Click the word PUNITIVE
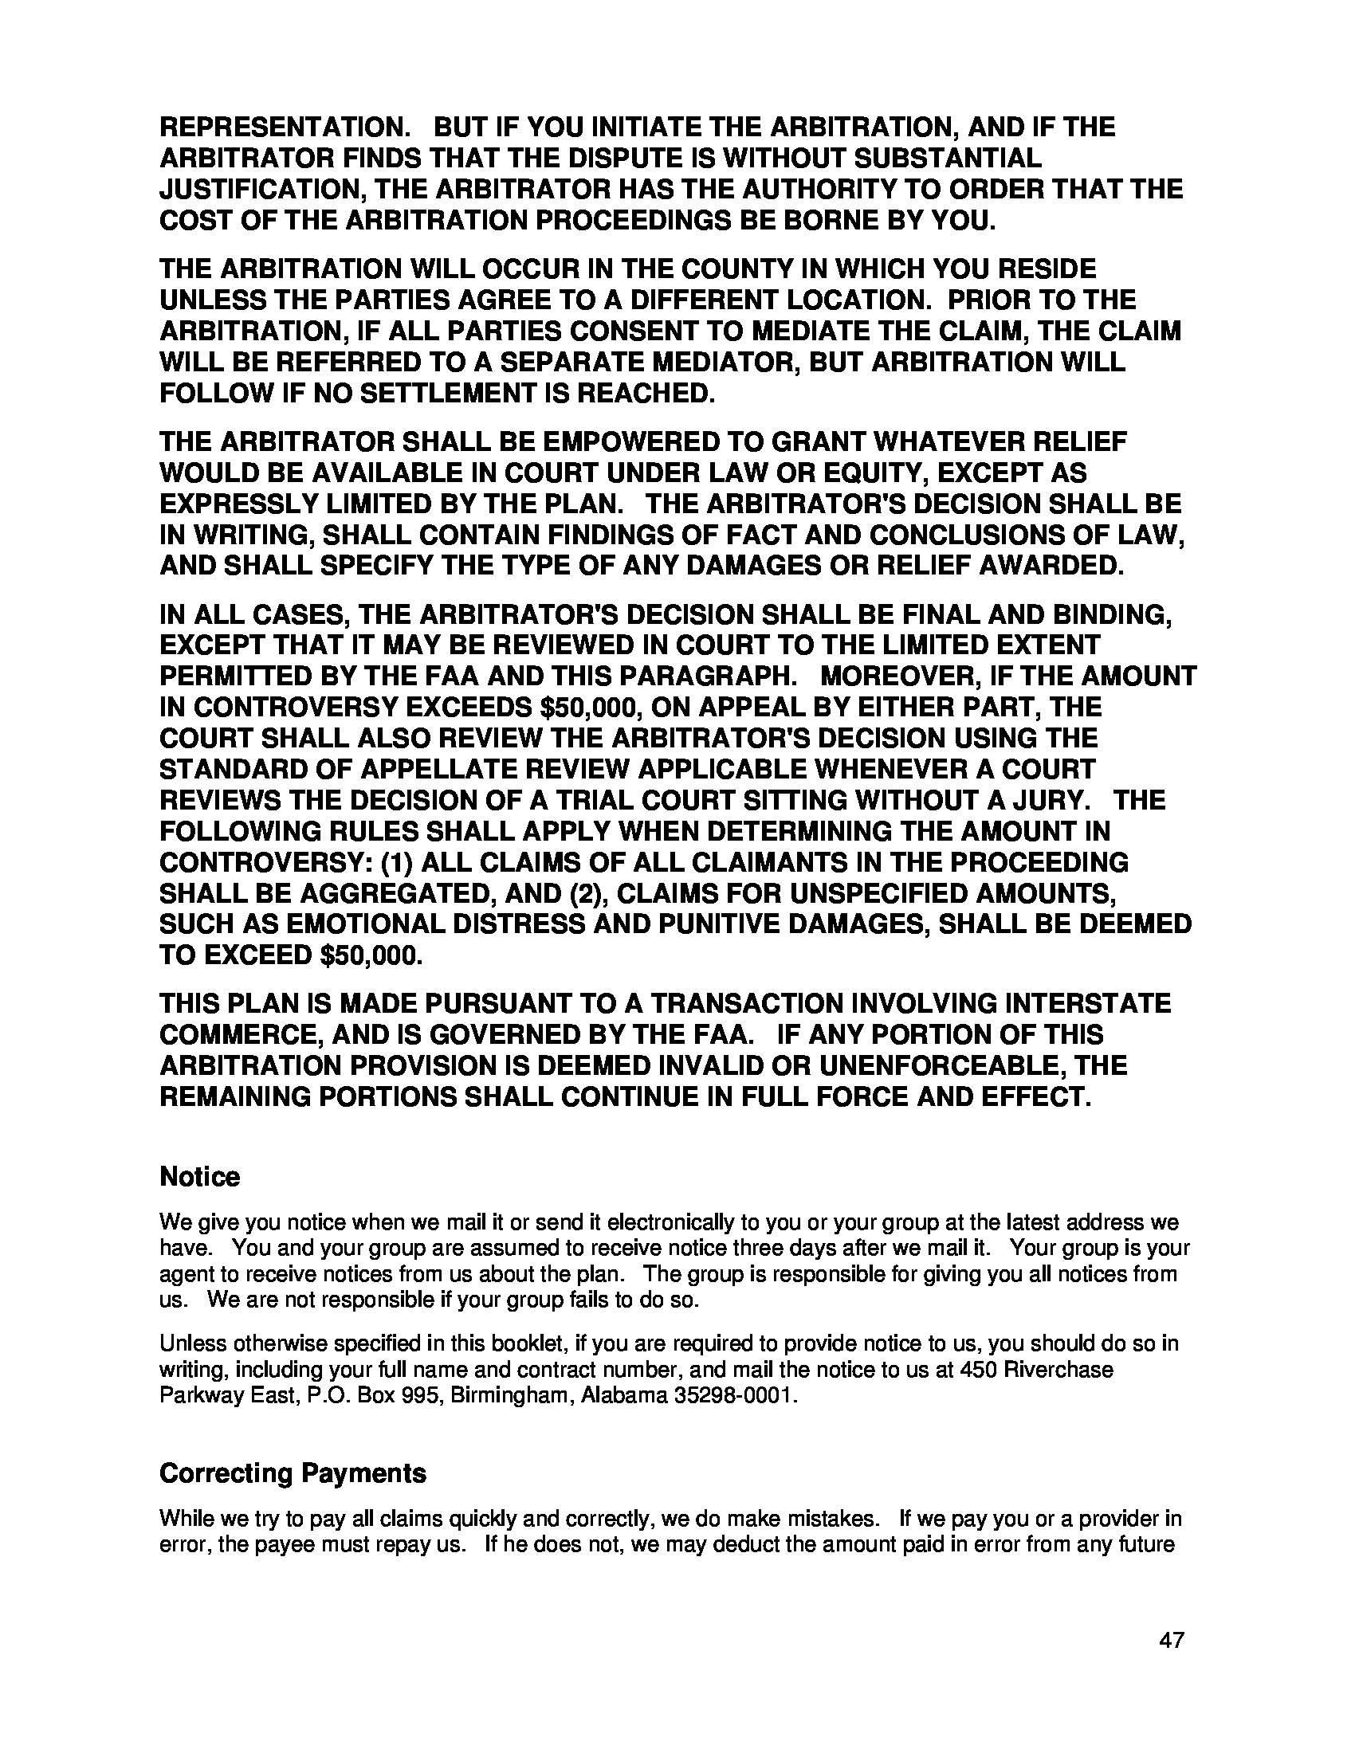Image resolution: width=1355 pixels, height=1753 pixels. click(721, 925)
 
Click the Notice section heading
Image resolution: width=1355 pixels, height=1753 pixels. click(200, 1178)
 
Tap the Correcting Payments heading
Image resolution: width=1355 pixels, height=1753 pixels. click(293, 1473)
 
